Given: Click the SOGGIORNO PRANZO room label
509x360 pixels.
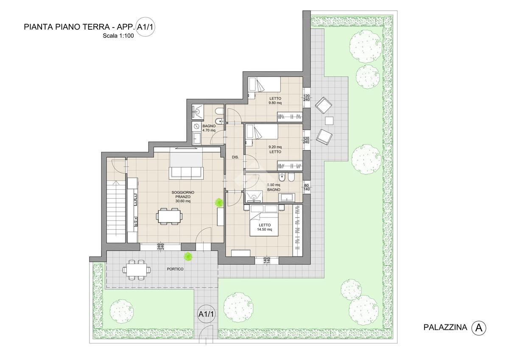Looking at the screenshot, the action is click(183, 194).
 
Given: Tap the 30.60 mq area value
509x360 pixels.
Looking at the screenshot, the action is click(183, 201).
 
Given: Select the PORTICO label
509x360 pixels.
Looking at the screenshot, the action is click(175, 269).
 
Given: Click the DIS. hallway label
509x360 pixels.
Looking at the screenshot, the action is click(235, 157).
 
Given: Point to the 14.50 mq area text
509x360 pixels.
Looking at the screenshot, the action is click(265, 229).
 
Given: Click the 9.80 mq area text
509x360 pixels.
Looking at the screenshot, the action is click(275, 103).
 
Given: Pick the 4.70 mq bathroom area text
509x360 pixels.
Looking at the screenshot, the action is click(209, 130).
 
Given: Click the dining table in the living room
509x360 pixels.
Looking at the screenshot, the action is click(169, 216).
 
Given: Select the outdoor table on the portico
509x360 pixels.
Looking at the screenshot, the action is click(137, 270).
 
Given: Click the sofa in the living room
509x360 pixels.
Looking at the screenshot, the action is click(186, 173).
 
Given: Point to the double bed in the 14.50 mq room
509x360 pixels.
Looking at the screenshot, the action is click(264, 221).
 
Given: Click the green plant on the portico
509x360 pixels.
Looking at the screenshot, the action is click(188, 256).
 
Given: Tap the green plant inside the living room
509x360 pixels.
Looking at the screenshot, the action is click(219, 202).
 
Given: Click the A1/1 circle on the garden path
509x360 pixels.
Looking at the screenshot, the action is click(206, 314).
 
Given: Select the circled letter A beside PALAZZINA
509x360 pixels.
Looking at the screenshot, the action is click(479, 328).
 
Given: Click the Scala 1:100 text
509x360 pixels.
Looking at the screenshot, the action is click(118, 36).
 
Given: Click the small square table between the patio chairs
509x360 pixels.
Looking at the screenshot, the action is click(329, 121).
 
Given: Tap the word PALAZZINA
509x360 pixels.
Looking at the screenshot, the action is click(445, 327).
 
